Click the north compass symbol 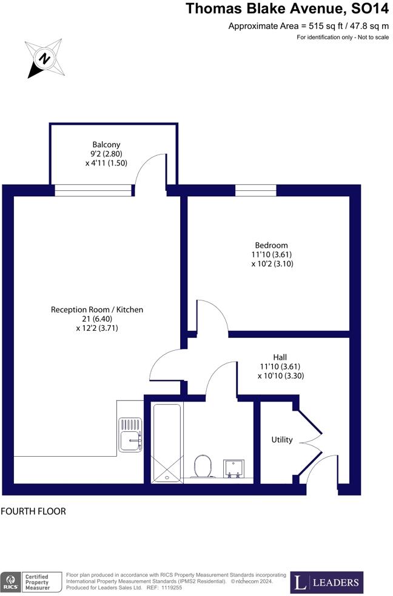(44, 59)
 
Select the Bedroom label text (272, 245)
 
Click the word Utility (282, 440)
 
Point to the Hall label (280, 357)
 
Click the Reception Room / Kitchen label (97, 310)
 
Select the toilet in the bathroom (202, 466)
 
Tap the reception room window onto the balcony (93, 190)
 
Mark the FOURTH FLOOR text (33, 511)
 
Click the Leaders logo (327, 583)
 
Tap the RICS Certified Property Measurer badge (32, 583)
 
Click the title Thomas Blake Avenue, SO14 (287, 8)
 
